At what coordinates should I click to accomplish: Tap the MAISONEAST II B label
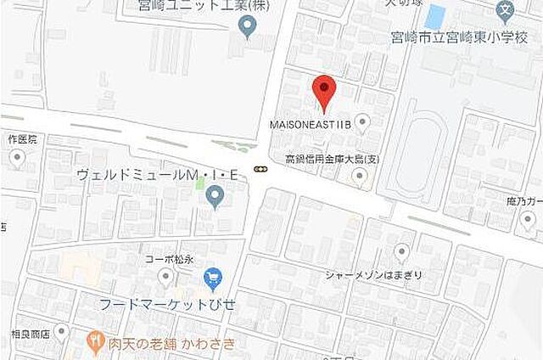click(310, 124)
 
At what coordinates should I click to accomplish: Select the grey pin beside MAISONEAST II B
click(362, 123)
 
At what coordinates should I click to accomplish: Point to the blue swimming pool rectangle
click(435, 15)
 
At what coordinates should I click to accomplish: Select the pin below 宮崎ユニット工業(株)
click(247, 28)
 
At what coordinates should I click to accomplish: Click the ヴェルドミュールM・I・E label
click(160, 175)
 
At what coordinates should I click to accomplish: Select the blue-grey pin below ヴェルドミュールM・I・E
click(215, 198)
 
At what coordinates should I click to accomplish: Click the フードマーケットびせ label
click(167, 303)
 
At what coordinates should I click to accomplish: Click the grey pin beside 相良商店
click(61, 332)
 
